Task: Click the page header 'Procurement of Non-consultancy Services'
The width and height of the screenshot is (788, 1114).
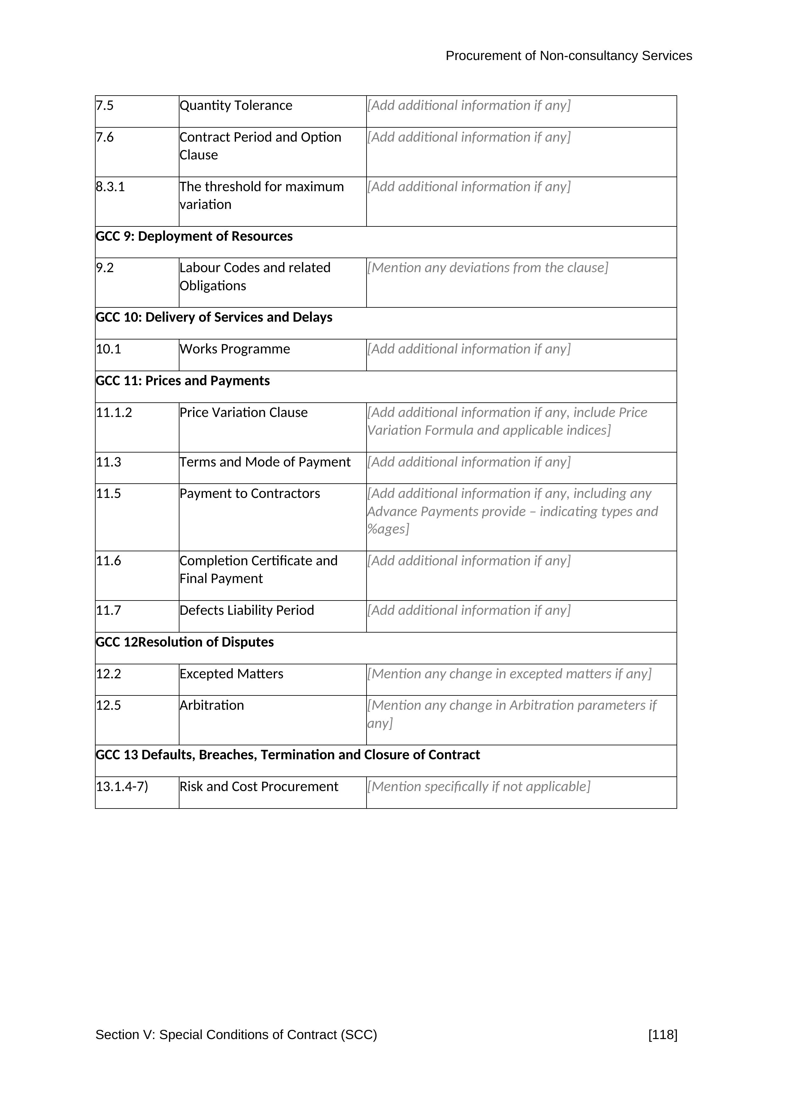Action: point(568,56)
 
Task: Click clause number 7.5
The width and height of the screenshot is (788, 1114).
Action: point(105,106)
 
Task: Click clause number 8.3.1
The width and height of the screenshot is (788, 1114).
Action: point(110,187)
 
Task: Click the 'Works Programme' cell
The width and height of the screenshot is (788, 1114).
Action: point(235,349)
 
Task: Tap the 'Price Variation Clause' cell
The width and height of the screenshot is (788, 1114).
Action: point(244,413)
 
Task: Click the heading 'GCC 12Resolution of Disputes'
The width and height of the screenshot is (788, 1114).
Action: point(185,642)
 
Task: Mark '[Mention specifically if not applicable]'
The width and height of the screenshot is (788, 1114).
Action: point(478,787)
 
